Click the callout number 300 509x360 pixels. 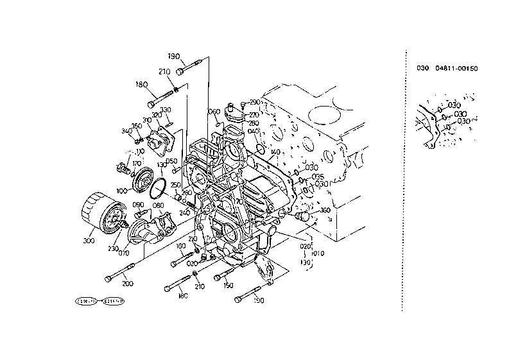tap(88, 241)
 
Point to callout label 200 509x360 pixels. tap(127, 284)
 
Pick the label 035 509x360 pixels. tap(317, 176)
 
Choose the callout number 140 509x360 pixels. tap(275, 153)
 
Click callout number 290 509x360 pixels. tap(254, 102)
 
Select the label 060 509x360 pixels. tap(214, 112)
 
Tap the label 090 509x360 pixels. tap(138, 205)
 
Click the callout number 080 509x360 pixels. tap(158, 205)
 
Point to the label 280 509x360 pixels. tap(254, 123)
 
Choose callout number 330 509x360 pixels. tap(166, 110)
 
